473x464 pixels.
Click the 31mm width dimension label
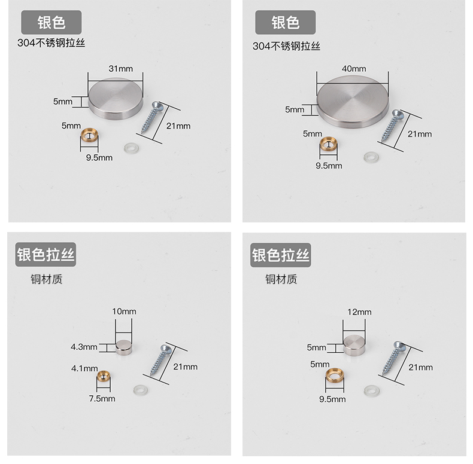[121, 69]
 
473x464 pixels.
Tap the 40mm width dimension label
[354, 69]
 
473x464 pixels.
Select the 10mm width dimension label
[124, 312]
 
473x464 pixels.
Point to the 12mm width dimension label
[359, 312]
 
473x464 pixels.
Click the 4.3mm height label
[84, 347]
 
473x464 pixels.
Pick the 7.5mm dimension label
[102, 399]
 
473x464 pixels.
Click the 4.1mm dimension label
[84, 368]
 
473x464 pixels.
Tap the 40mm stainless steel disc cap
[353, 101]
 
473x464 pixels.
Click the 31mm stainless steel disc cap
[116, 99]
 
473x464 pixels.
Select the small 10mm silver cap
[124, 347]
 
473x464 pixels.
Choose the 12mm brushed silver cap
[354, 344]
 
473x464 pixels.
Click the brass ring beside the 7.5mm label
[104, 377]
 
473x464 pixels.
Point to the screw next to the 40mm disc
[392, 126]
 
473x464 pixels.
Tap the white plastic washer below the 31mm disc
[132, 148]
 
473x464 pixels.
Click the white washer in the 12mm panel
[372, 391]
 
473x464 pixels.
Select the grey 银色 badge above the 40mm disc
[286, 22]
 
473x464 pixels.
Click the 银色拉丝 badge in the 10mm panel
[46, 255]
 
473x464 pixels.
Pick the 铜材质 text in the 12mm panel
[281, 279]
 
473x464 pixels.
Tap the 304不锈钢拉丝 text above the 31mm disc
[51, 43]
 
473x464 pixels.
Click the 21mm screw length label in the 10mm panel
[185, 367]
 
